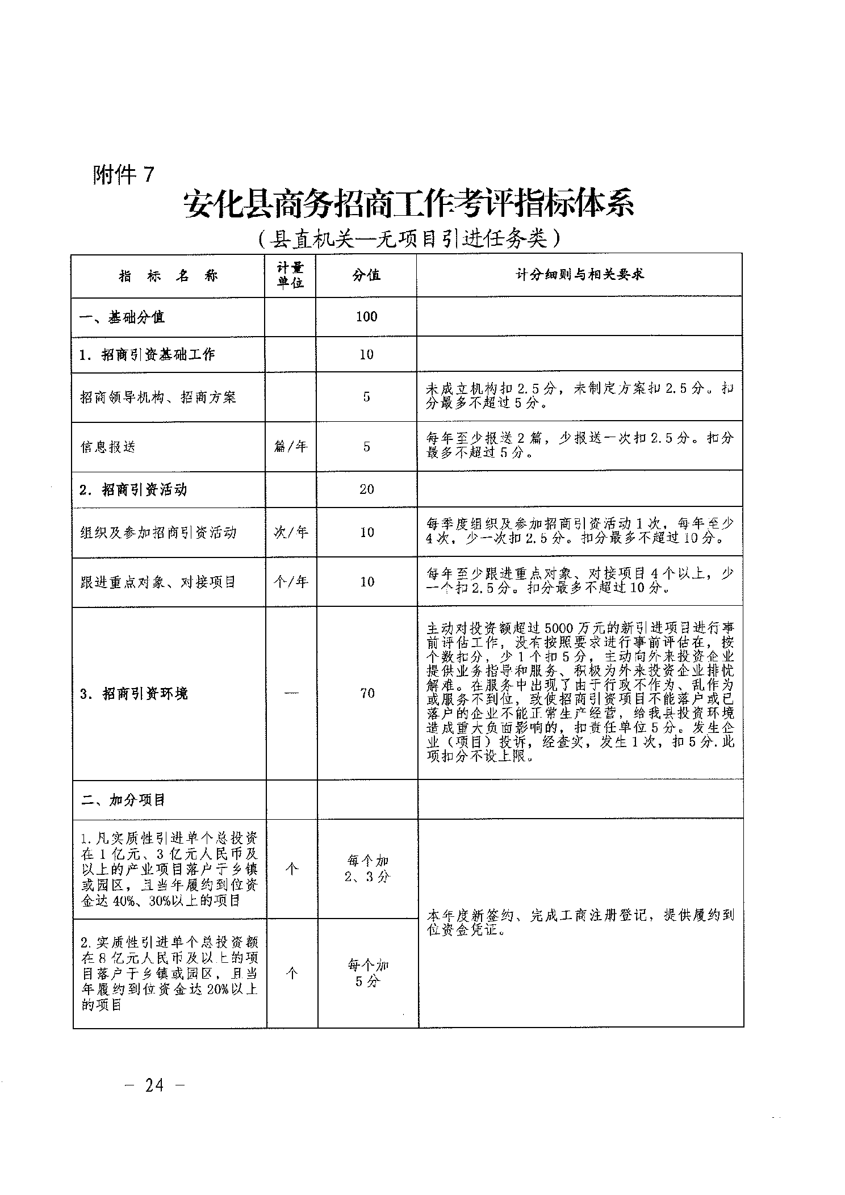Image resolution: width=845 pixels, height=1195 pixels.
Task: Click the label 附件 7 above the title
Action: (x=123, y=175)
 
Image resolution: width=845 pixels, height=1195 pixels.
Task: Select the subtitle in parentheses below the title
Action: (x=408, y=239)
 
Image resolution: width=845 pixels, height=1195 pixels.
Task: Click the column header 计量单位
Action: (x=290, y=275)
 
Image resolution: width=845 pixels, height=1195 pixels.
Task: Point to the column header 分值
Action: (x=366, y=275)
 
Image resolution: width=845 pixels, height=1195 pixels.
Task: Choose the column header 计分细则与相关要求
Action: (x=579, y=275)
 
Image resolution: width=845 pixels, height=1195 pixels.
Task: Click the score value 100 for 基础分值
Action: (x=366, y=317)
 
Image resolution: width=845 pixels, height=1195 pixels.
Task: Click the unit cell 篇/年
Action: (x=290, y=447)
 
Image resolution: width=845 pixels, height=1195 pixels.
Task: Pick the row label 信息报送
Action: (x=108, y=447)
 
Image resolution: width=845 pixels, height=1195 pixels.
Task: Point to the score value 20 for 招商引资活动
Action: (x=366, y=489)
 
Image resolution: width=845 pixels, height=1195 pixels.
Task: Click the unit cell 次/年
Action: (x=291, y=532)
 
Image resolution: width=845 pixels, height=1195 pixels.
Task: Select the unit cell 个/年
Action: (x=291, y=582)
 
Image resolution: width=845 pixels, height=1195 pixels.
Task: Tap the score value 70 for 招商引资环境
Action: (x=367, y=693)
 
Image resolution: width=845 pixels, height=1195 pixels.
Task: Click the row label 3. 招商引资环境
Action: (x=134, y=694)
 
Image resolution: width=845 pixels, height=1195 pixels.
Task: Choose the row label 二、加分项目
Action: (x=123, y=800)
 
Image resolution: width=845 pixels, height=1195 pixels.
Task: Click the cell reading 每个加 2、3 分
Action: (x=367, y=869)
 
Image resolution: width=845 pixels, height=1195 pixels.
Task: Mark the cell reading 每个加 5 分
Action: (x=367, y=973)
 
